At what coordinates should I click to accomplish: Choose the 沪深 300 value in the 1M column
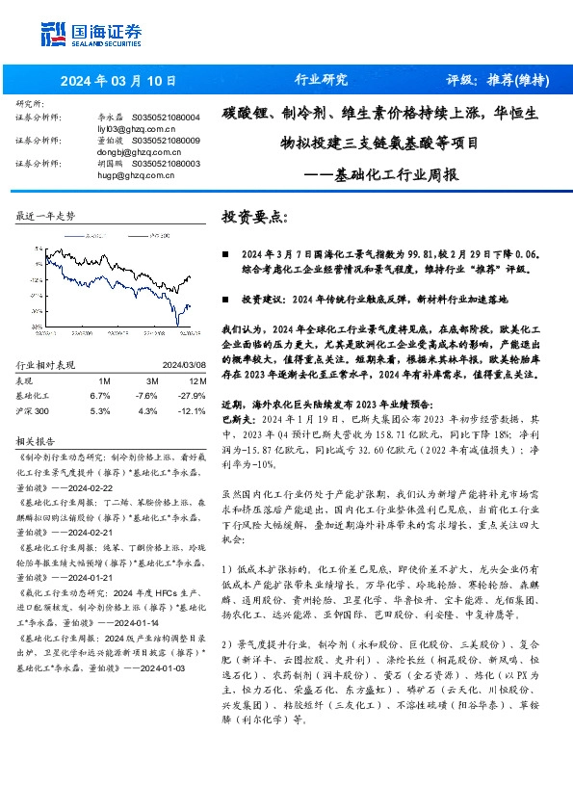pyautogui.click(x=100, y=411)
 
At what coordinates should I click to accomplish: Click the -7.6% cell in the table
pyautogui.click(x=145, y=396)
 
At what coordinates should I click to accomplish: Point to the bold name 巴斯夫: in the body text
pyautogui.click(x=239, y=420)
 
